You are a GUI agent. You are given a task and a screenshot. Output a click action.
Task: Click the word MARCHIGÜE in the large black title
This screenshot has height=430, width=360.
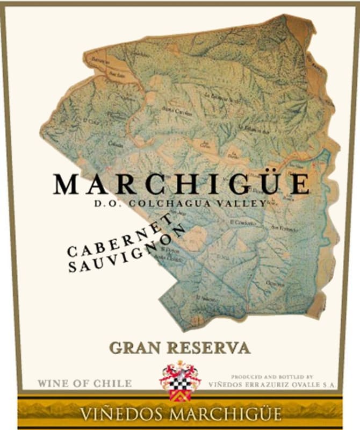[x=181, y=184]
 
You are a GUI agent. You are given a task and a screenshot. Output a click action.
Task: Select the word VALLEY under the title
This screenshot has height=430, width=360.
[x=247, y=203]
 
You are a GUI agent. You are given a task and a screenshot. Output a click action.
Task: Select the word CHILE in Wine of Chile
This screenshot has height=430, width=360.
[x=114, y=383]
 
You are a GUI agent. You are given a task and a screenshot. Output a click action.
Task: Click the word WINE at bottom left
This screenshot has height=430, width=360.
[x=53, y=383]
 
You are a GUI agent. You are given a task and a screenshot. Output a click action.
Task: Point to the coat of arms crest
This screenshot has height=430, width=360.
[x=180, y=379]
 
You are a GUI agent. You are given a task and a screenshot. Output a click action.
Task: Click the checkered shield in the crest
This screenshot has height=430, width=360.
[x=180, y=383]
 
